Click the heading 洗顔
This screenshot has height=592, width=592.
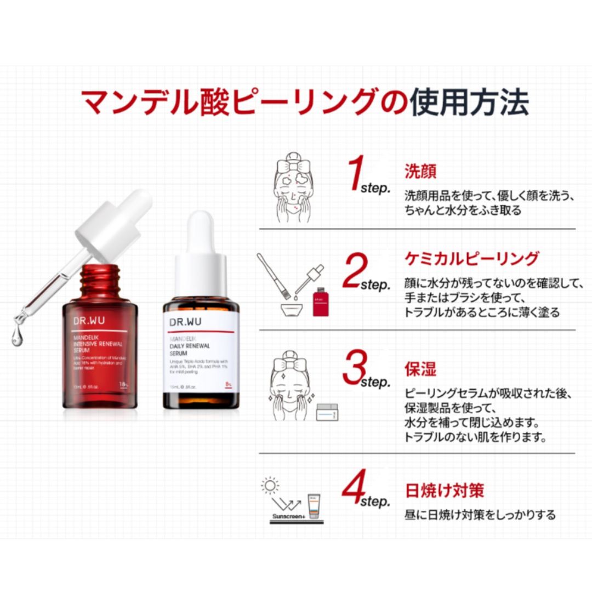pyautogui.click(x=420, y=171)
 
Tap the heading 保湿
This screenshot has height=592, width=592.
pyautogui.click(x=420, y=368)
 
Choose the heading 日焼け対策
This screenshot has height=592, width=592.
pyautogui.click(x=445, y=489)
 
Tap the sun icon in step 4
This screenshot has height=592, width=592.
pyautogui.click(x=270, y=485)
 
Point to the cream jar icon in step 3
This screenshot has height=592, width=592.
pyautogui.click(x=327, y=411)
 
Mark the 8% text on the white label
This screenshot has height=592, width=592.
pyautogui.click(x=228, y=386)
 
